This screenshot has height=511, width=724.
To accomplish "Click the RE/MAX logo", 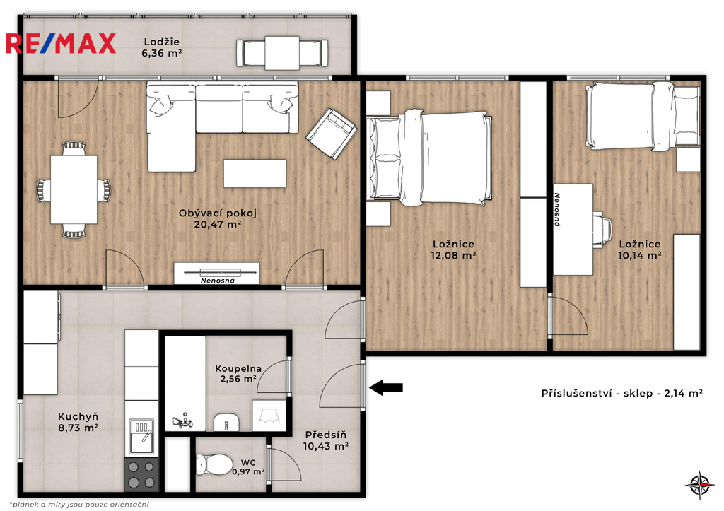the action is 61,43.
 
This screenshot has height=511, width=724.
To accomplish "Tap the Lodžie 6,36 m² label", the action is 161,47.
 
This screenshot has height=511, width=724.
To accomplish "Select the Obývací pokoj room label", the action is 218,219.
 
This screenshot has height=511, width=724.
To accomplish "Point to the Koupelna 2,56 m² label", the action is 238,374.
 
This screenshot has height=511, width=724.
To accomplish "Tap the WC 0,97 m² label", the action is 248,467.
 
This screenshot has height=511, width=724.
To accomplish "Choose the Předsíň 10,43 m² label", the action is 325,440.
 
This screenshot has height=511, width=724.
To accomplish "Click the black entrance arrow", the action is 386,387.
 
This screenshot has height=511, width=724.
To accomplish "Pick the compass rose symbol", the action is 699,485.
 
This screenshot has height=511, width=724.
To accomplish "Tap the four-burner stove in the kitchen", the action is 141,474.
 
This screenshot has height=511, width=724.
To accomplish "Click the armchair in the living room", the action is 331,134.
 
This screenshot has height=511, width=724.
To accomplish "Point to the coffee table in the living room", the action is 255,174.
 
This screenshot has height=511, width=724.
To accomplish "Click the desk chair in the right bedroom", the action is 602,230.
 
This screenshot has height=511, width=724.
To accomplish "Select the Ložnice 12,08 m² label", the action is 453,249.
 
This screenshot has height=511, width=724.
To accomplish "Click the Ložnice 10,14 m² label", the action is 640,249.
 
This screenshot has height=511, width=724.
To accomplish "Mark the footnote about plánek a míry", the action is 79,505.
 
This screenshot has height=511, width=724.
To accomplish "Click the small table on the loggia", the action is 282,53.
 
